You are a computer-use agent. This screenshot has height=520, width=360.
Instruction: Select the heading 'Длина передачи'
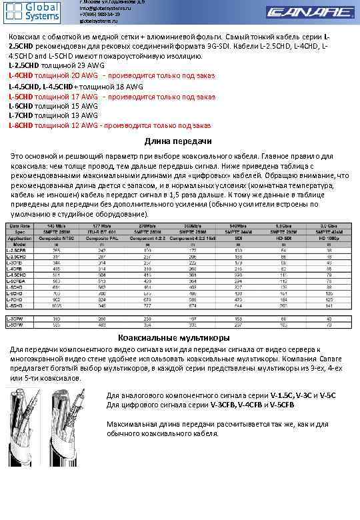(178, 141)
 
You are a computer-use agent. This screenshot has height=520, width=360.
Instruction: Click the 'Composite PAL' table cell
(102, 236)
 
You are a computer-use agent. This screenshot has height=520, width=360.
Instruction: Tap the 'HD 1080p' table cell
(328, 236)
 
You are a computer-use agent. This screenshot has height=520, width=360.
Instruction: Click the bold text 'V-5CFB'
(279, 404)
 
